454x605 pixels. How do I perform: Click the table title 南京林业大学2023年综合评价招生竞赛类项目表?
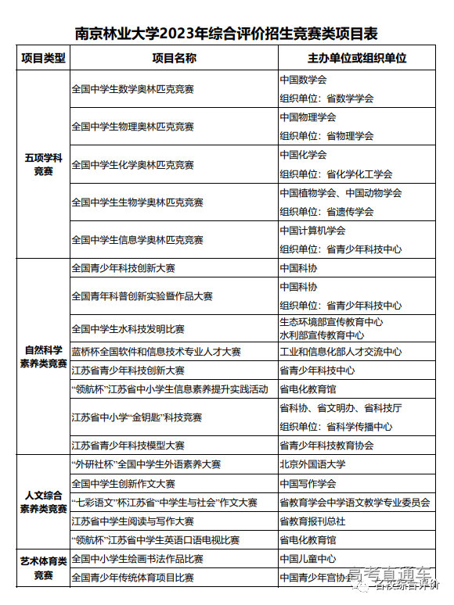226,34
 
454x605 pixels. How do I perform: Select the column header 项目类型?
43,59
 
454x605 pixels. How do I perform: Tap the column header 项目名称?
174,59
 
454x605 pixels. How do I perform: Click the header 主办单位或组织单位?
357,59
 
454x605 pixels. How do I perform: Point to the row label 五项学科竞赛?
43,164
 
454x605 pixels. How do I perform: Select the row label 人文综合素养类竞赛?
43,502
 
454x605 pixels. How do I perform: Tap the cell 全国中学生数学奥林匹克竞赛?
132,89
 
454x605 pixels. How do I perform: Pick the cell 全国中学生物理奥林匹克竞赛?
132,127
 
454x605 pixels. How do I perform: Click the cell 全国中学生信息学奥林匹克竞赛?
137,240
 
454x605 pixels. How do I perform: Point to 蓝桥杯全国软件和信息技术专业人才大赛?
156,352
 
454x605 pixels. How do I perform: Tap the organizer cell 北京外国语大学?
312,464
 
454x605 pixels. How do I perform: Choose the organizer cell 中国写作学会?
308,484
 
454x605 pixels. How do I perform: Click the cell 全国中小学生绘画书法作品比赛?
137,559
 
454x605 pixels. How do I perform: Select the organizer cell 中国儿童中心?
308,559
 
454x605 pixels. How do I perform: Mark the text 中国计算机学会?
312,231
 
